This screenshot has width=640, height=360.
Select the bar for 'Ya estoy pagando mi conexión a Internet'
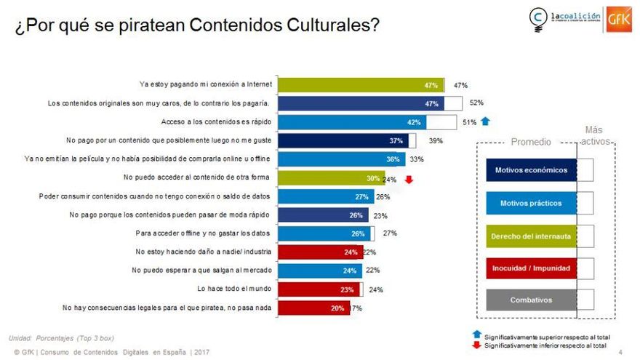click(361, 85)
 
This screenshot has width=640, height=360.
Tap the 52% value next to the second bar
click(476, 103)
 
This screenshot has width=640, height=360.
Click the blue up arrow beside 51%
click(487, 122)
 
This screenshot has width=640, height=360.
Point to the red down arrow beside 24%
click(409, 178)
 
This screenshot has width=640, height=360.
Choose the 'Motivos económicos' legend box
click(531, 170)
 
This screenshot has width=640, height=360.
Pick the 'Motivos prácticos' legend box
click(531, 203)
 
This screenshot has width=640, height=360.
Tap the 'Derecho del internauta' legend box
click(531, 236)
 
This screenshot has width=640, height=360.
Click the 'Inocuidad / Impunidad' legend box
click(531, 268)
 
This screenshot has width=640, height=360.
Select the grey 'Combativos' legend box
click(531, 300)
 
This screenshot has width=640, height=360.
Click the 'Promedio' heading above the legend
click(531, 142)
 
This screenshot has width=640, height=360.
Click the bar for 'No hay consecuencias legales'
click(315, 308)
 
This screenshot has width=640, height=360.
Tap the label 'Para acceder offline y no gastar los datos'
click(203, 233)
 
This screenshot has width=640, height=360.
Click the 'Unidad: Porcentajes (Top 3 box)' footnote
click(61, 338)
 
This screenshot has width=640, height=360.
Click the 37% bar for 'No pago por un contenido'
click(343, 140)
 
